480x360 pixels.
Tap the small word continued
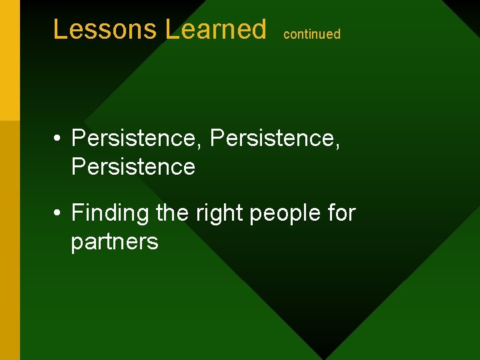pyautogui.click(x=312, y=34)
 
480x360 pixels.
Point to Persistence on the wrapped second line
pyautogui.click(x=133, y=167)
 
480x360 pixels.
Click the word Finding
pyautogui.click(x=110, y=214)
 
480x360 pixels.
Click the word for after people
pyautogui.click(x=341, y=213)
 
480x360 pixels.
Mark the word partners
pyautogui.click(x=115, y=242)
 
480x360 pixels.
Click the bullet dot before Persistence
pyautogui.click(x=59, y=139)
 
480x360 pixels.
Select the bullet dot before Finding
pyautogui.click(x=59, y=214)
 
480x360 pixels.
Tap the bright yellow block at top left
pyautogui.click(x=10, y=60)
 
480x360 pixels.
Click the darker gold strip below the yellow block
pyautogui.click(x=10, y=240)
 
